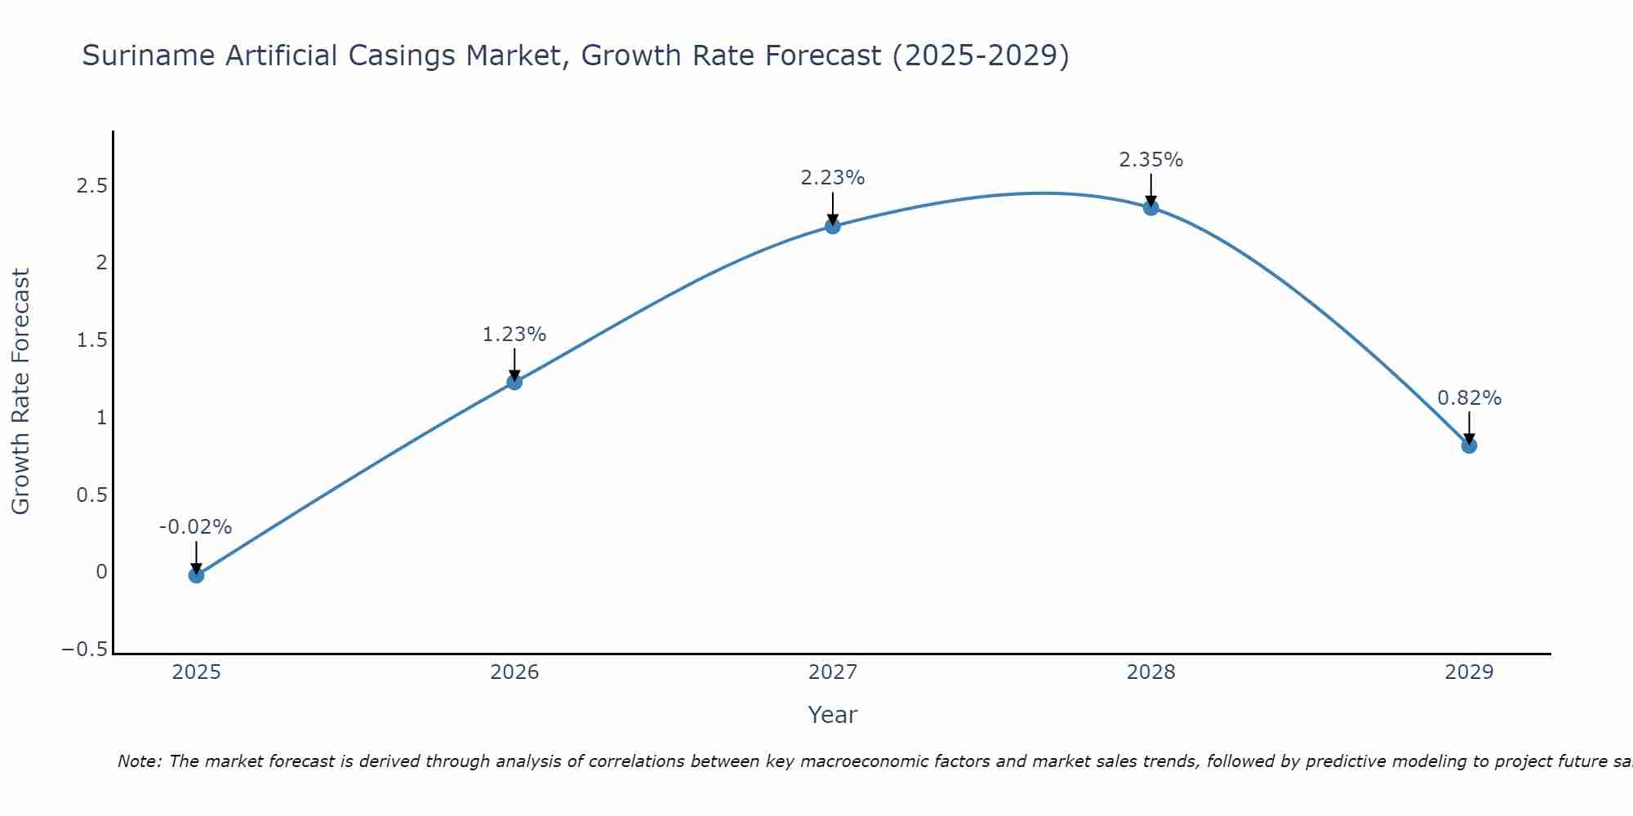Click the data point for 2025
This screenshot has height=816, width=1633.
(196, 575)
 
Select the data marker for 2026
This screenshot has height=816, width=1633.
(514, 382)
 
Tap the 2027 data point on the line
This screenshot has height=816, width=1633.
(833, 226)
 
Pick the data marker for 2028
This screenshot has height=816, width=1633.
(1151, 207)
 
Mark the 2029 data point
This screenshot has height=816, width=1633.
(1469, 446)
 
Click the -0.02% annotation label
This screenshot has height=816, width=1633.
(195, 527)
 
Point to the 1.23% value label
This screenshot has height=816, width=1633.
(514, 335)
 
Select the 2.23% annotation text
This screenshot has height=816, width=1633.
(832, 178)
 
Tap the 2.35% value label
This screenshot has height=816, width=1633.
(1150, 160)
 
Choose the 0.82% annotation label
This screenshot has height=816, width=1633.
(1469, 398)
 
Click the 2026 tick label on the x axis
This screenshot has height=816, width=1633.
(514, 672)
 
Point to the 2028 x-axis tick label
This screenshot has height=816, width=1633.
(1151, 672)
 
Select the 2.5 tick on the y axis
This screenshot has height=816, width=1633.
(92, 186)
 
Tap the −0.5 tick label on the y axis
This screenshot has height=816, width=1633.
(85, 650)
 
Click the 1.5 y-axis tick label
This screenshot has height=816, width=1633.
(92, 340)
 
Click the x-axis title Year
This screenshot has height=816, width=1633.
(832, 715)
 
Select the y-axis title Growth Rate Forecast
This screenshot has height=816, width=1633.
(20, 391)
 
